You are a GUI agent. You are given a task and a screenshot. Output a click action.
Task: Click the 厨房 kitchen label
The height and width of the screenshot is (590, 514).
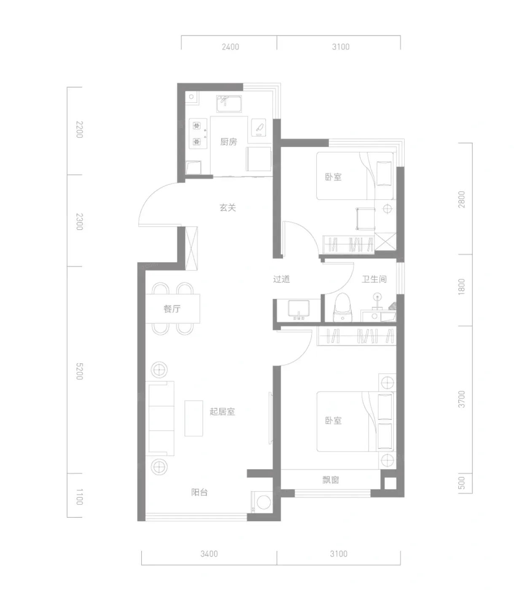[x=229, y=142]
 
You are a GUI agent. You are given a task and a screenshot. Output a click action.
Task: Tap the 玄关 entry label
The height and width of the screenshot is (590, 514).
[x=228, y=208]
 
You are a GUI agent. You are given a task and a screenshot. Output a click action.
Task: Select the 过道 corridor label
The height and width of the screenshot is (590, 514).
[x=281, y=279]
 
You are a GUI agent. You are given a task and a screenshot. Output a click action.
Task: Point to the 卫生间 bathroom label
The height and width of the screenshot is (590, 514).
[x=374, y=279]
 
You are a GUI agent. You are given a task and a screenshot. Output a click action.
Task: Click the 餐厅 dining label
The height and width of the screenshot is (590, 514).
[x=172, y=309]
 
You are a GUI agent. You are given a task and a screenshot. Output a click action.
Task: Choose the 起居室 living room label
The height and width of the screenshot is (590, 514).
[x=222, y=411]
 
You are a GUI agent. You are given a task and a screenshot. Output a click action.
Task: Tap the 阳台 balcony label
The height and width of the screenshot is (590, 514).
[x=199, y=492]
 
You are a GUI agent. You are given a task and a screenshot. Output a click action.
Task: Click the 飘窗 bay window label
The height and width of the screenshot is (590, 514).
[x=330, y=480]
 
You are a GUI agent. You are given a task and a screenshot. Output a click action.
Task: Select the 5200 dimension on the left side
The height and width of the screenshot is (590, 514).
[x=79, y=371]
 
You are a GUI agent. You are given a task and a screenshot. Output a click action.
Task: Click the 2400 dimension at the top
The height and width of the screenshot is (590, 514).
[x=231, y=47]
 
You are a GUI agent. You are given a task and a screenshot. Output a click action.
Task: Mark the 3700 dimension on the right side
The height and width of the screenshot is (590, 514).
[x=462, y=399]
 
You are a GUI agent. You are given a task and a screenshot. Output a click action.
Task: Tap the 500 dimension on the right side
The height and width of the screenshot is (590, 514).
[x=462, y=483]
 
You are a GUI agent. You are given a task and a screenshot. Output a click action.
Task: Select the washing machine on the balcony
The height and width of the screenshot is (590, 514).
[x=261, y=502]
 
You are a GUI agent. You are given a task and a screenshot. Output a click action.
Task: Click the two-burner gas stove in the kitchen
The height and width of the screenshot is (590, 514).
[x=198, y=134]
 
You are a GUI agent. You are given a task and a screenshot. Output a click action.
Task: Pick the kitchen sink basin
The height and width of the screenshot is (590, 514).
[x=229, y=104]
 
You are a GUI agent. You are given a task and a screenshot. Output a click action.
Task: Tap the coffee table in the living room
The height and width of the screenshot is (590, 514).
[x=194, y=418]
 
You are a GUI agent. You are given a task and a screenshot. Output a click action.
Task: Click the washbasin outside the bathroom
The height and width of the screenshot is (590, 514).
[x=299, y=310]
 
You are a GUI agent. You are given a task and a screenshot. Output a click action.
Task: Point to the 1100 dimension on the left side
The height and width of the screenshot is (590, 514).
[x=79, y=497]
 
